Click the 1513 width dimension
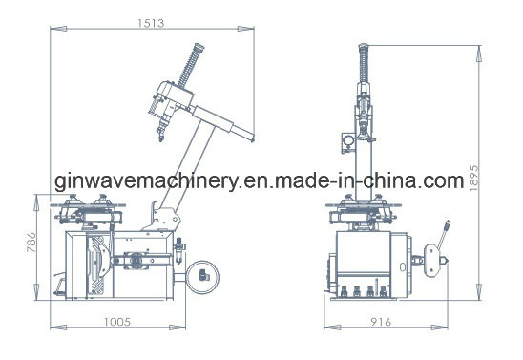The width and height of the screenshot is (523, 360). tap(151, 23)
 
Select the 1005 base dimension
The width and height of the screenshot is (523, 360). tap(117, 322)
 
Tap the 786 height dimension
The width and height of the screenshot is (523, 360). tap(31, 243)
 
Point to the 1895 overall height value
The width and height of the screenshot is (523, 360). tap(473, 178)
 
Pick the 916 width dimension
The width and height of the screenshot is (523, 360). tap(381, 322)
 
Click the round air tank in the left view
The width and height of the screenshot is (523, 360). tap(202, 277)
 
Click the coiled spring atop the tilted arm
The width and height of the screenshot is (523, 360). tap(191, 65)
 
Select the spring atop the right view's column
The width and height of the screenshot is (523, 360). tap(364, 63)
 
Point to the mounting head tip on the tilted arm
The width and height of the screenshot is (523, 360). tap(161, 137)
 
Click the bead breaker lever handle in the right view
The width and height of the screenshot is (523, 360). tap(445, 233)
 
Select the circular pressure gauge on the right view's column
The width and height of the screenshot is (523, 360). tap(349, 140)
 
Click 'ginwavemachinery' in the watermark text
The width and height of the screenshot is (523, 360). tap(147, 182)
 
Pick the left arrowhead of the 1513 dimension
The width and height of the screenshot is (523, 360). tap(58, 29)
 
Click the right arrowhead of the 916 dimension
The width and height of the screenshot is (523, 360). tap(440, 328)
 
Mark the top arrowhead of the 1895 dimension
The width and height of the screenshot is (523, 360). tap(479, 53)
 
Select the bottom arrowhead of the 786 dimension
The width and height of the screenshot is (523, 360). tap(36, 291)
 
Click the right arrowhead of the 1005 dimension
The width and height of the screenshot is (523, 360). tap(178, 328)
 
